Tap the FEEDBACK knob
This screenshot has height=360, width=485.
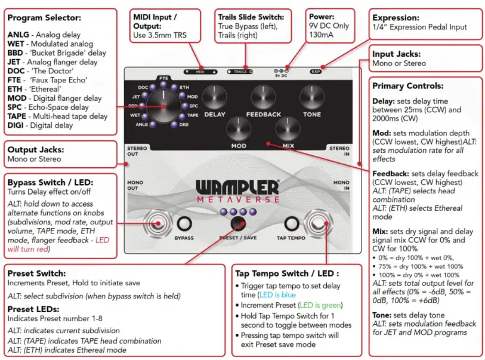262,96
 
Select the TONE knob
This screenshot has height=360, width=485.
311,96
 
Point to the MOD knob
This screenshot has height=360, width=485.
238,128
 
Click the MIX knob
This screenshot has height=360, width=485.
287,128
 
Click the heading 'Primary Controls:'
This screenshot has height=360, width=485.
407,85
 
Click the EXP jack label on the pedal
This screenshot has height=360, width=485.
316,72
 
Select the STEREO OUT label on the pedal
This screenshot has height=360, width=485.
137,151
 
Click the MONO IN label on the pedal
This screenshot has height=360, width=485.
341,185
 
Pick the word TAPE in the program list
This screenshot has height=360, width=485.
18,116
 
